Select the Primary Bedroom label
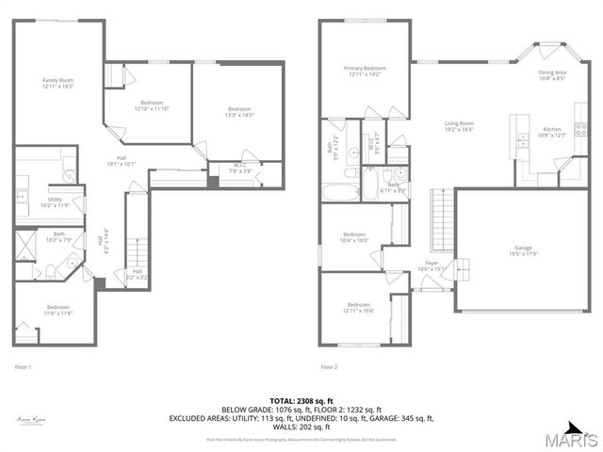365,70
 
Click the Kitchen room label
551,131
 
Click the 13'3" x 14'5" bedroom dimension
239,116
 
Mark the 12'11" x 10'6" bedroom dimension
358,310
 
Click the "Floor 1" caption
24,366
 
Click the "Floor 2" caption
328,366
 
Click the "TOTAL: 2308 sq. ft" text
301,400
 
